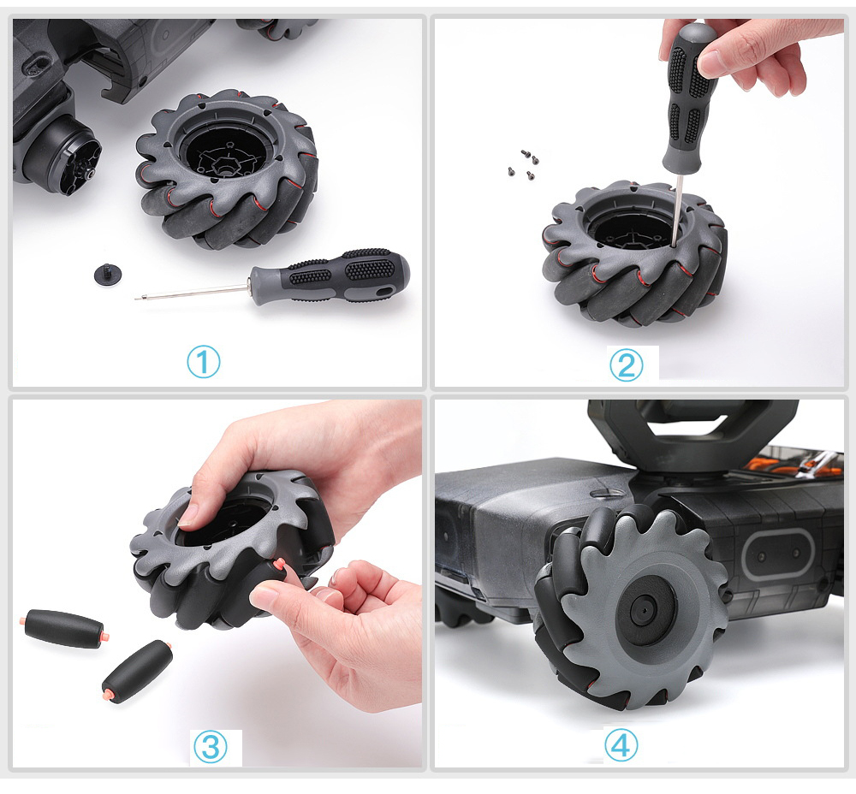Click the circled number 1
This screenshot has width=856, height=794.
click(x=204, y=362)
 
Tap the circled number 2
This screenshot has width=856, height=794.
click(x=626, y=365)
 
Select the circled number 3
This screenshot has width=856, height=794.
click(x=211, y=747)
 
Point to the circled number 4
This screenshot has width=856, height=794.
click(x=621, y=745)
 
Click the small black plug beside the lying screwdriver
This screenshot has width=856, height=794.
click(x=108, y=274)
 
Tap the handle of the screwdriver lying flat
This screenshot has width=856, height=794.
click(x=330, y=276)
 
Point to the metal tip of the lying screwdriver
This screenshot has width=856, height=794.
click(x=137, y=298)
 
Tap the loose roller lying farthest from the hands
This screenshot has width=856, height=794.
click(x=64, y=629)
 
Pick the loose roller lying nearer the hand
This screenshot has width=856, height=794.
click(x=138, y=672)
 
